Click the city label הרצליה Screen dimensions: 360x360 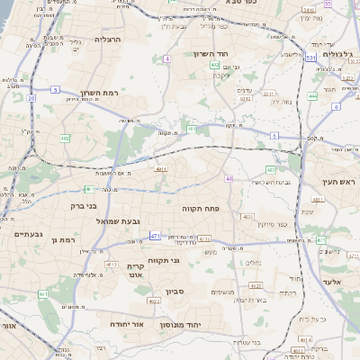(x=107, y=40)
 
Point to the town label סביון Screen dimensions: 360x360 (x=175, y=291)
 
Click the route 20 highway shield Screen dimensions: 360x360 (x=31, y=97)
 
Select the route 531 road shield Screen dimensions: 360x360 (x=310, y=58)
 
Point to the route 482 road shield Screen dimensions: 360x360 (x=66, y=138)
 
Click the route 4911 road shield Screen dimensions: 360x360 (x=161, y=167)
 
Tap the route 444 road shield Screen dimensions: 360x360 (x=312, y=95)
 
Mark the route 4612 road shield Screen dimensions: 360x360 (x=112, y=264)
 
